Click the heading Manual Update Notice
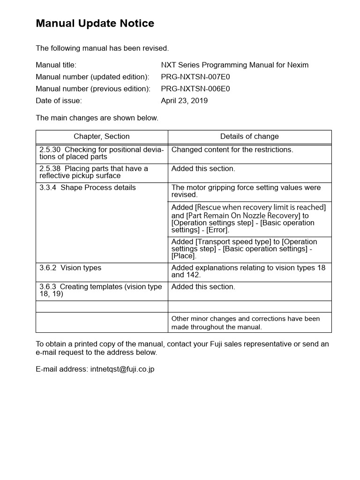click(95, 23)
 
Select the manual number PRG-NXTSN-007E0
click(195, 77)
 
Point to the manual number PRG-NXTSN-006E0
click(195, 89)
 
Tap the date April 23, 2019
click(184, 101)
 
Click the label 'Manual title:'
click(56, 65)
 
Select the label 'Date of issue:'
click(59, 101)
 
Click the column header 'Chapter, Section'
click(102, 136)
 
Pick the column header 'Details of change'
click(249, 136)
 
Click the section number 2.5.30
click(50, 150)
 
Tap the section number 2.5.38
click(50, 169)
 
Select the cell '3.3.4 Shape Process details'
click(88, 187)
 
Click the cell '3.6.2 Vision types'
click(70, 268)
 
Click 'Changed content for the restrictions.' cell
click(232, 150)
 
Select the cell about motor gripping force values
click(246, 191)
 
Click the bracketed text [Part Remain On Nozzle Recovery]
click(243, 216)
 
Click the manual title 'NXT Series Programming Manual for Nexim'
click(234, 65)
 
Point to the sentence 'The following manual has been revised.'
click(102, 48)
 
